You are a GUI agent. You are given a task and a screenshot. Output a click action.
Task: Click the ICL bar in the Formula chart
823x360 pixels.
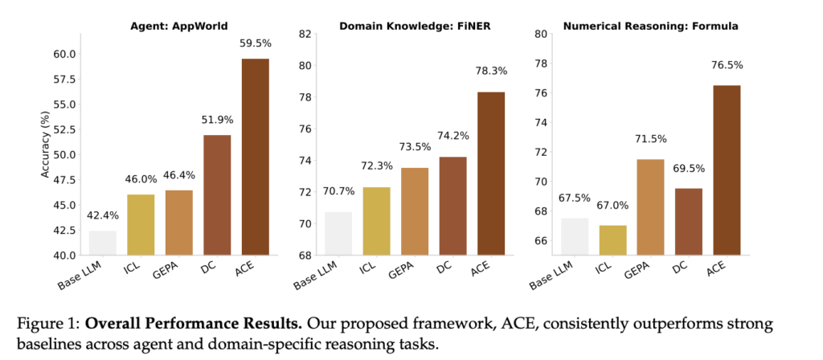[x=612, y=240]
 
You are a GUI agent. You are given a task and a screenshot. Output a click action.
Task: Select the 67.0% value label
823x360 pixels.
[x=612, y=206]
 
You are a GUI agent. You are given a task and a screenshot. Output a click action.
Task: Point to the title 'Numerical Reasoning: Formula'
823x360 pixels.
[x=650, y=26]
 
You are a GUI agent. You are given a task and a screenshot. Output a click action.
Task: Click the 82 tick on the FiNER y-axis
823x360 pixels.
[x=305, y=34]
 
